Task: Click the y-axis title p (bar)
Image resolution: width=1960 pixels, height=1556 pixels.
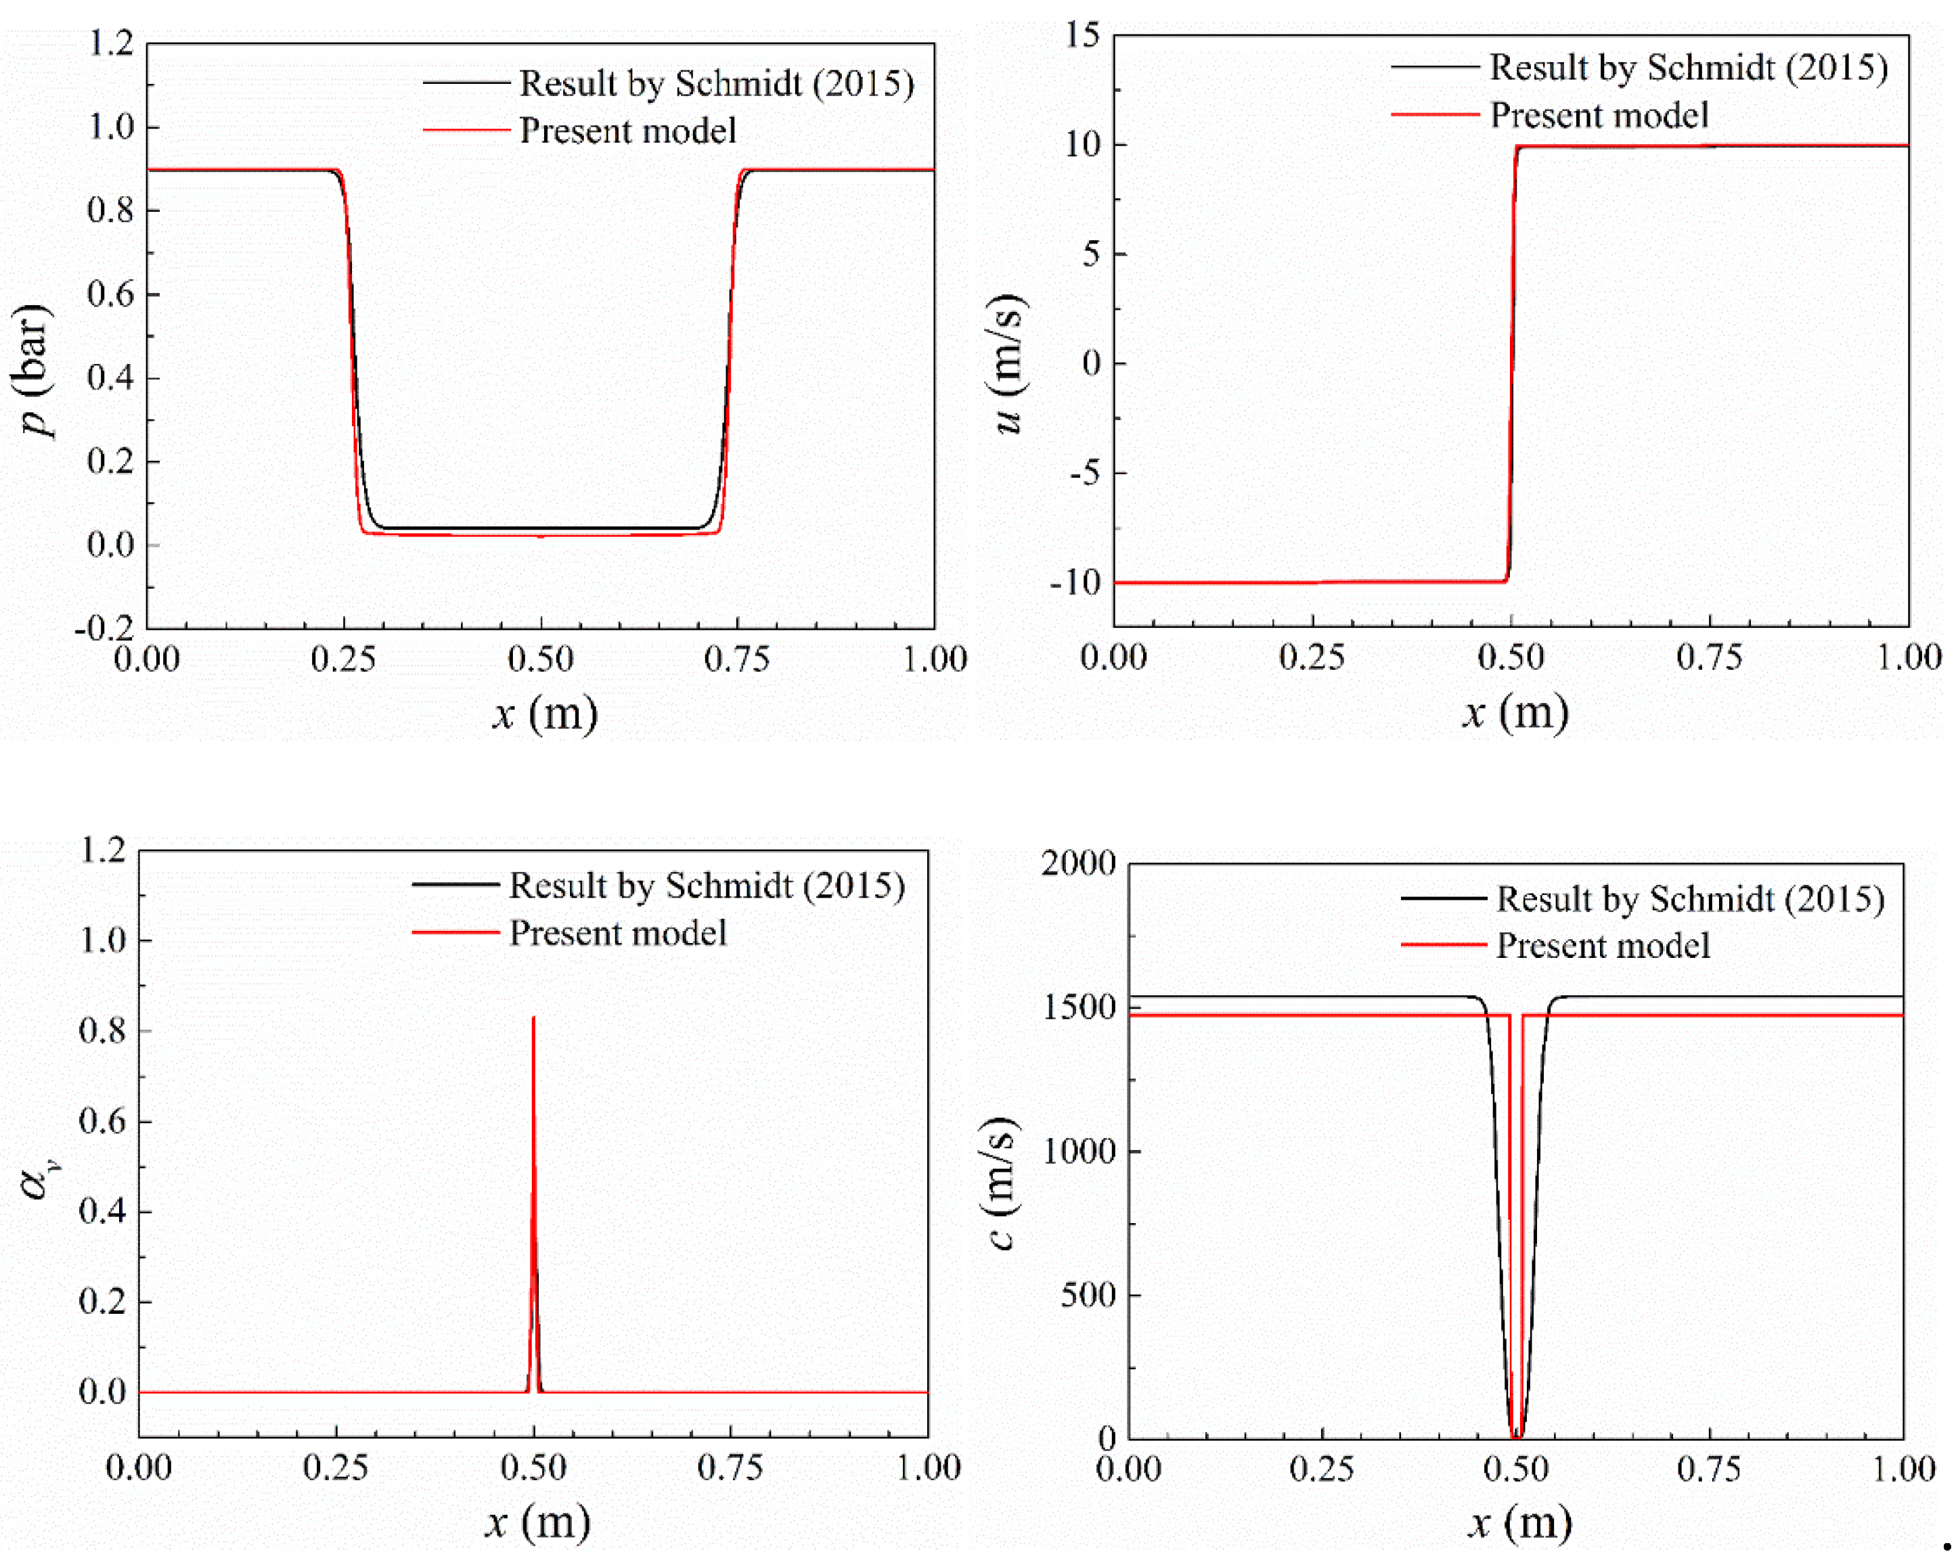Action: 32,371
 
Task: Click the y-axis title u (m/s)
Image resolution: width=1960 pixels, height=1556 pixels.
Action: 1007,363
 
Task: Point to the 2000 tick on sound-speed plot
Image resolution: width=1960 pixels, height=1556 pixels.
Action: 1078,863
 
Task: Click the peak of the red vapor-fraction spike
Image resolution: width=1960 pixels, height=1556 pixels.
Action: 533,1018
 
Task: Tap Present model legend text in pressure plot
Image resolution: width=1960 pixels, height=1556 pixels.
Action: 627,131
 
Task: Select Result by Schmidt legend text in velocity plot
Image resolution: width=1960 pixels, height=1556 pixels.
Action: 1688,67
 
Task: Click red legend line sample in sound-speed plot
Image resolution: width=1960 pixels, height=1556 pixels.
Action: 1443,945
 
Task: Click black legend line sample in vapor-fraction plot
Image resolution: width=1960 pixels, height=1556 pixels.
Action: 455,884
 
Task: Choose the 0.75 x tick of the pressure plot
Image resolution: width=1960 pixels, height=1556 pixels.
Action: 736,659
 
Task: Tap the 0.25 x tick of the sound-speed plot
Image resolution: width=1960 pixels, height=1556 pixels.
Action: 1321,1469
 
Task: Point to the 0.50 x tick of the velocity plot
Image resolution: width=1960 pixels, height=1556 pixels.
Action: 1510,657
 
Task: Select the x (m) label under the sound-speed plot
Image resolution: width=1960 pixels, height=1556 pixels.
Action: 1520,1522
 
